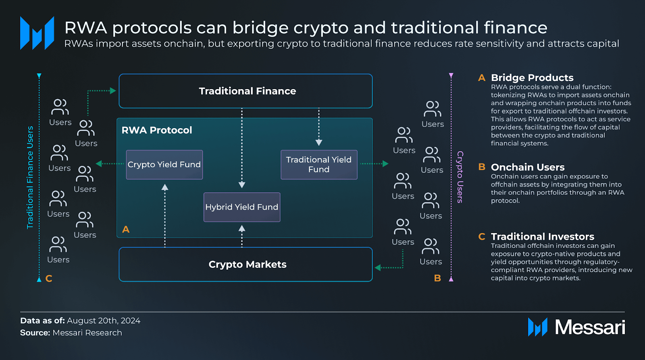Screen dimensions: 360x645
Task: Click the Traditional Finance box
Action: (246, 91)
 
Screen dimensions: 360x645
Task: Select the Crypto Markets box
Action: (246, 264)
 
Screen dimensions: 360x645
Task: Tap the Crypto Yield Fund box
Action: (164, 164)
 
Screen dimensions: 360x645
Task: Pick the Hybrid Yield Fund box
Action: (241, 207)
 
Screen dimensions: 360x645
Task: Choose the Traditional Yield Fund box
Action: (319, 164)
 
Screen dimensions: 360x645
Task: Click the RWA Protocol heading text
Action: (157, 130)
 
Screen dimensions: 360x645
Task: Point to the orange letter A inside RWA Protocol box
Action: (126, 229)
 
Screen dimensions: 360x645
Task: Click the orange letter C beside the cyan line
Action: (49, 279)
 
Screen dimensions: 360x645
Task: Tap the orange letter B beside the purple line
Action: (437, 278)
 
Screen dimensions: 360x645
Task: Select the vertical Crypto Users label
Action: (460, 177)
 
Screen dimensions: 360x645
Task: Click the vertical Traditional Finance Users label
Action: (30, 177)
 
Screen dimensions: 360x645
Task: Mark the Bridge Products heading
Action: (532, 78)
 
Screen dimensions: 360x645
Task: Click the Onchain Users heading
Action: (527, 167)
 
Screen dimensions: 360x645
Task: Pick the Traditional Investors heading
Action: (542, 237)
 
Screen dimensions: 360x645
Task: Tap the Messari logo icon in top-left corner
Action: (37, 33)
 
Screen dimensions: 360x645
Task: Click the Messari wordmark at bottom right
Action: (590, 327)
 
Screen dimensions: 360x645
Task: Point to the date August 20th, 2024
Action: (104, 321)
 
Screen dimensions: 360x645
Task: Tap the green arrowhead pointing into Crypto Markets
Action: (378, 268)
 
